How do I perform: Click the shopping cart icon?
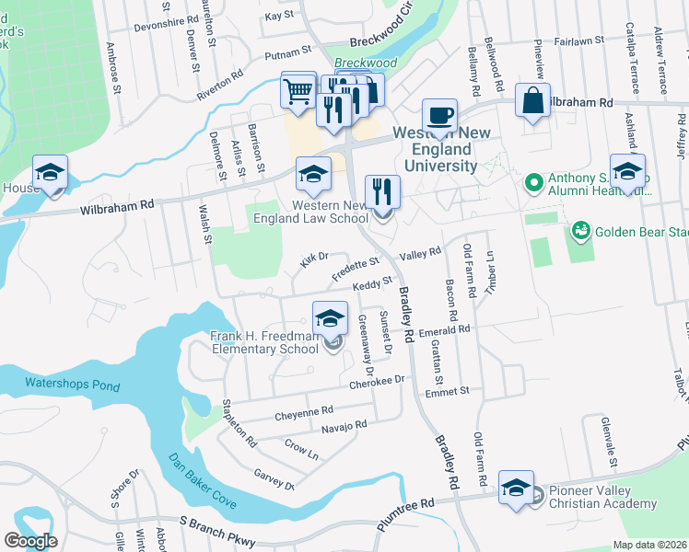(x=298, y=91)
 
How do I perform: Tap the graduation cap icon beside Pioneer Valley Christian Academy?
(x=516, y=488)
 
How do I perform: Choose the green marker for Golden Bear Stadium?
(x=580, y=229)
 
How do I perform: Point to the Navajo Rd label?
(x=344, y=425)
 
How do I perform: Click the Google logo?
(x=30, y=541)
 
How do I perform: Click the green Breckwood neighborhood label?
(x=365, y=63)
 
